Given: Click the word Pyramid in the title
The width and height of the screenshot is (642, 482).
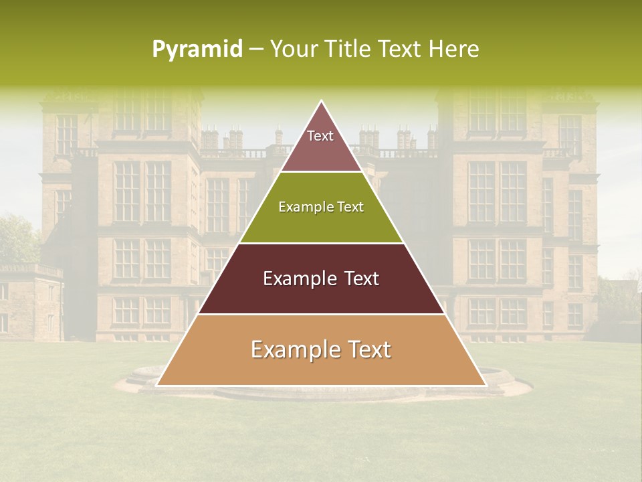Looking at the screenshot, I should pyautogui.click(x=197, y=49).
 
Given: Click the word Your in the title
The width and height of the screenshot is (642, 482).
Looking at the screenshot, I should pyautogui.click(x=293, y=49).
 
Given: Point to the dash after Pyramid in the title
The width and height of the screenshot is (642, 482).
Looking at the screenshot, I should pyautogui.click(x=256, y=50).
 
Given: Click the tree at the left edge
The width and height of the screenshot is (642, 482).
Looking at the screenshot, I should pyautogui.click(x=17, y=238).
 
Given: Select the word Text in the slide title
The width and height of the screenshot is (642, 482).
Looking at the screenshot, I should pyautogui.click(x=403, y=49).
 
